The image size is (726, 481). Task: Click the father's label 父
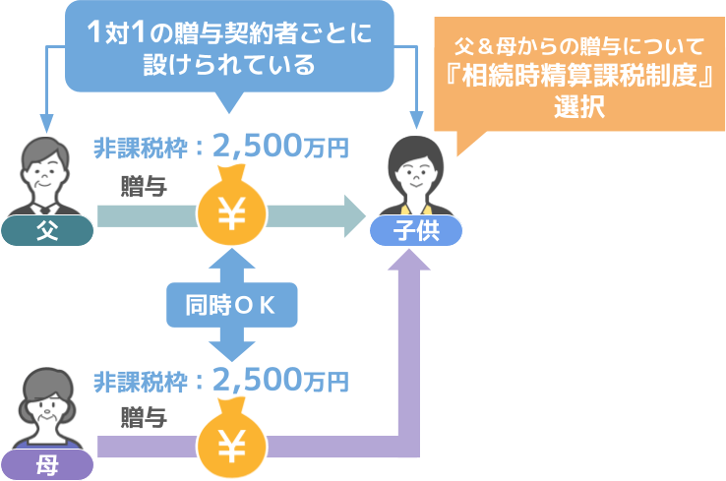tap(47, 230)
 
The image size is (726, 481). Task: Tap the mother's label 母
tap(47, 464)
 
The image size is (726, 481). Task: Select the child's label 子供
tap(416, 230)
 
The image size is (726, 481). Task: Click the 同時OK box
tap(231, 305)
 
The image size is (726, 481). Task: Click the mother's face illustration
tap(46, 408)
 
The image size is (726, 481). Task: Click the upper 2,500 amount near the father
tap(258, 147)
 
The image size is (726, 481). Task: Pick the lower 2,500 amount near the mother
tap(258, 380)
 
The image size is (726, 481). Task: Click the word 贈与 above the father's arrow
tap(144, 187)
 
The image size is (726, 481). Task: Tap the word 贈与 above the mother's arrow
tap(144, 417)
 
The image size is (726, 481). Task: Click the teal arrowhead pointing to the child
tap(355, 216)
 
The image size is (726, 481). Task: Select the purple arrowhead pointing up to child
tap(409, 260)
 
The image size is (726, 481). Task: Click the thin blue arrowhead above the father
tap(46, 123)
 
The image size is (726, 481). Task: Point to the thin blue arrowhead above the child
tap(417, 120)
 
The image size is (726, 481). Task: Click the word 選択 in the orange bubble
tap(579, 107)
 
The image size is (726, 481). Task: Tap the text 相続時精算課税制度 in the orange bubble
tap(579, 76)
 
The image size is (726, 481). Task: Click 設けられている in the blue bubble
tap(229, 64)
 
